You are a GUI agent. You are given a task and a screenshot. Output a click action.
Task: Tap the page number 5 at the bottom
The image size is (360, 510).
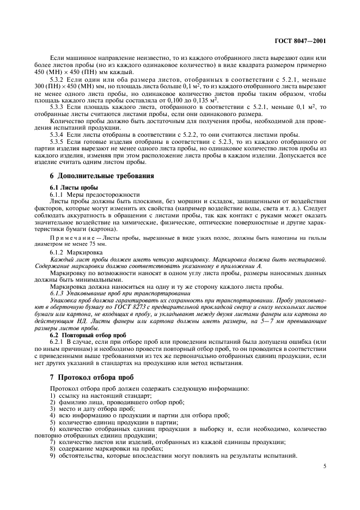point(325,466)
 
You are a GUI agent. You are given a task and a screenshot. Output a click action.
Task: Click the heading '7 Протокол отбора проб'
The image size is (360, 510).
point(92,377)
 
